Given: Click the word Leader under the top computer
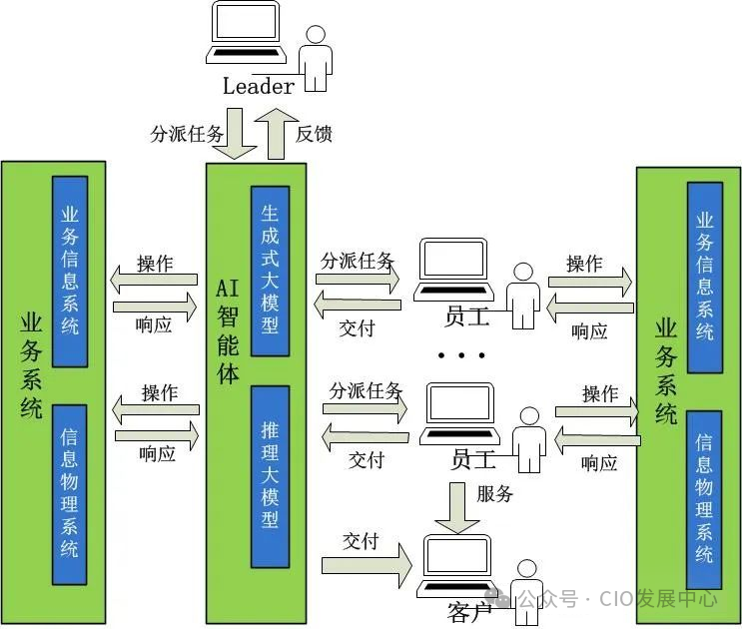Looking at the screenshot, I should click(x=258, y=86).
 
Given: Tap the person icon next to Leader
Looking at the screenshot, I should click(x=317, y=58).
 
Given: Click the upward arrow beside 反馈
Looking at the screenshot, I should click(x=273, y=134).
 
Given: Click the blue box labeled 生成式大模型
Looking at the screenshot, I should click(x=270, y=270).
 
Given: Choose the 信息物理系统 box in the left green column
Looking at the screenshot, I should click(x=69, y=493).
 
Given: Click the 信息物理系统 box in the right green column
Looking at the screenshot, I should click(x=704, y=495).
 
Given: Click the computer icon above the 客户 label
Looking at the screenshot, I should click(x=458, y=565).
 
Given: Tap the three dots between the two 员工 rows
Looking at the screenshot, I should click(x=460, y=355).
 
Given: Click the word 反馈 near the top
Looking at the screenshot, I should click(x=314, y=134).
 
